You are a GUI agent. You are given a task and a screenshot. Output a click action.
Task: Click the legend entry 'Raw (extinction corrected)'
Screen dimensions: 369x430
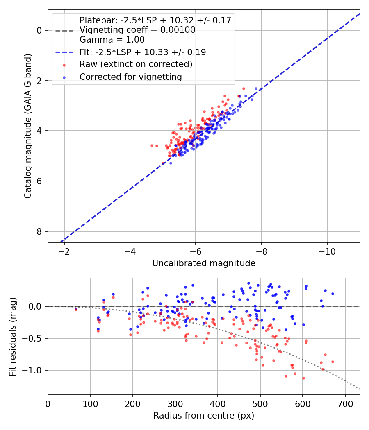[x=136, y=64]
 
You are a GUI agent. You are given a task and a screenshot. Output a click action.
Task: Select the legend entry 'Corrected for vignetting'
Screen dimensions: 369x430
[x=131, y=77]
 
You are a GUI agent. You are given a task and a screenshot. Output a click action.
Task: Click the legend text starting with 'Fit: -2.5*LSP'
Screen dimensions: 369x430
[x=143, y=52]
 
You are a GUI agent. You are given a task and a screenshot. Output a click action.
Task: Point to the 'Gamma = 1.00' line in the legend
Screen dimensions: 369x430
[x=112, y=39]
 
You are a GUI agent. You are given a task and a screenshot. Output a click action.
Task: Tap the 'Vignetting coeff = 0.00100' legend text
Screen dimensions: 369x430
[x=137, y=30]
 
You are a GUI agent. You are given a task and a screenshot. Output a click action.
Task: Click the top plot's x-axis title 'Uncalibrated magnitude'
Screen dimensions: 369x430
[x=204, y=263]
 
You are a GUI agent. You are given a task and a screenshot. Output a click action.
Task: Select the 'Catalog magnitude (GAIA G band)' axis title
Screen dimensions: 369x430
[x=28, y=126]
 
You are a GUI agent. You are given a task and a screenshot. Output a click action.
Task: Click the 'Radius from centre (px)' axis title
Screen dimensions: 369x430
[x=204, y=416]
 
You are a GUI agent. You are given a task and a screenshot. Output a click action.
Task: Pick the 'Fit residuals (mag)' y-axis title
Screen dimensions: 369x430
[x=13, y=337]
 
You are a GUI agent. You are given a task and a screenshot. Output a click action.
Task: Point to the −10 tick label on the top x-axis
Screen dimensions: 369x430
[x=327, y=251]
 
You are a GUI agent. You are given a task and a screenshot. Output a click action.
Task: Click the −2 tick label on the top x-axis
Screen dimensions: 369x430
[x=64, y=251]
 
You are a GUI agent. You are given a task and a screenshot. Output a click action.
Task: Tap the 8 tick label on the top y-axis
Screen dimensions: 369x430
[x=39, y=231]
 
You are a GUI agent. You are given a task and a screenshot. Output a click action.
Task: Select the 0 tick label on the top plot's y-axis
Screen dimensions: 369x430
[x=39, y=30]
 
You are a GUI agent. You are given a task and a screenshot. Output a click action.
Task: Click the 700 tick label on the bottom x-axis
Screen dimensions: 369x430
[x=345, y=404]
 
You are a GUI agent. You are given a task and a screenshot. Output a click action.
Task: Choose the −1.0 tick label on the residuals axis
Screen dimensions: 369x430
[x=32, y=370]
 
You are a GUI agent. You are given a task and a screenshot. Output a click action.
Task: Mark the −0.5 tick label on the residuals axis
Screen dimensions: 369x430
[x=32, y=338]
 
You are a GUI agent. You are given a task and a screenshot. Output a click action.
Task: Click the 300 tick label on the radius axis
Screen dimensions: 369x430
[x=175, y=404]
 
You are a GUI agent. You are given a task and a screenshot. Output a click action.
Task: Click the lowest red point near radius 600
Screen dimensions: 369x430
[x=303, y=378]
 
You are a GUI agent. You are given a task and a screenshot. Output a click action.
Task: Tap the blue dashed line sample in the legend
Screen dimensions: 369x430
[x=64, y=52]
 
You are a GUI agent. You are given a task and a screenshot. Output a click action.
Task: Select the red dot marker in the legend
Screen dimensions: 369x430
[x=64, y=65]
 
